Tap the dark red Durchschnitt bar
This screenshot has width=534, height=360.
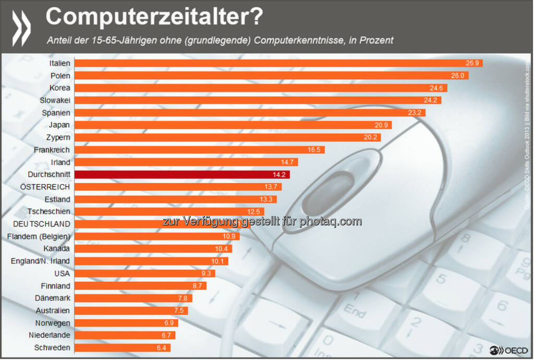(x=182, y=175)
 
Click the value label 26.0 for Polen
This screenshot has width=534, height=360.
(x=458, y=76)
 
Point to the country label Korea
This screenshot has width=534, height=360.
(x=60, y=88)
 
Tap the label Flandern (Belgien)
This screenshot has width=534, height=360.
(x=39, y=236)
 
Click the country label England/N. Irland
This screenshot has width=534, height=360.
(x=40, y=261)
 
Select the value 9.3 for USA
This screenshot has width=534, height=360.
(x=207, y=273)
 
